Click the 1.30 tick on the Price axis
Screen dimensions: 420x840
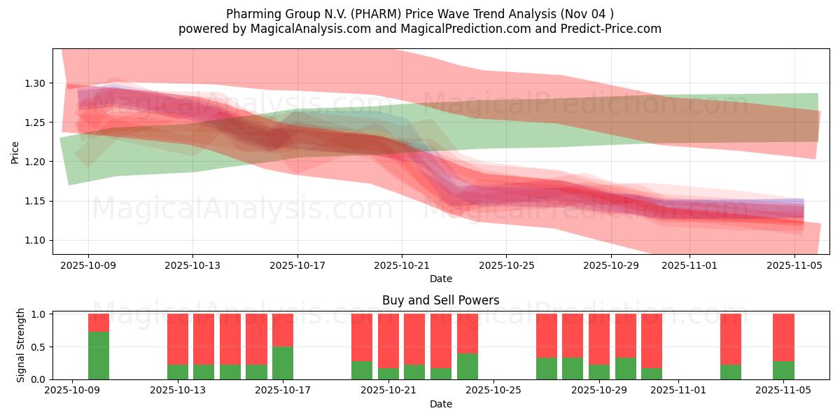tap(35, 83)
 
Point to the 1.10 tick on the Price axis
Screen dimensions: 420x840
tap(35, 240)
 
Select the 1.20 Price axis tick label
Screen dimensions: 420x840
tap(35, 162)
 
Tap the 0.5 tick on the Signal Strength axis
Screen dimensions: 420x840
tap(39, 346)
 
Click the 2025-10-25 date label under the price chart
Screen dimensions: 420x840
tap(506, 265)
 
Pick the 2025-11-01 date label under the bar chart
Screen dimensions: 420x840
tap(678, 391)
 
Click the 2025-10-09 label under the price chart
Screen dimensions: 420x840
tap(88, 265)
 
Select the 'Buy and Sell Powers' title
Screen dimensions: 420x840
tap(440, 300)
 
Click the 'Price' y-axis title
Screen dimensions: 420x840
tap(15, 151)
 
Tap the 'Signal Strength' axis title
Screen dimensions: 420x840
tap(21, 345)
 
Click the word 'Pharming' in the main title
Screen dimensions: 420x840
tap(250, 14)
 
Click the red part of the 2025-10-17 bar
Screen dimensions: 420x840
tap(283, 330)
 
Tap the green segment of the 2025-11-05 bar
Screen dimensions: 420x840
tap(783, 370)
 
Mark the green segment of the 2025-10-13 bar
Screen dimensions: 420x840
tap(178, 372)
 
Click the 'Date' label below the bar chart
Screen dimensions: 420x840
tap(440, 404)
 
